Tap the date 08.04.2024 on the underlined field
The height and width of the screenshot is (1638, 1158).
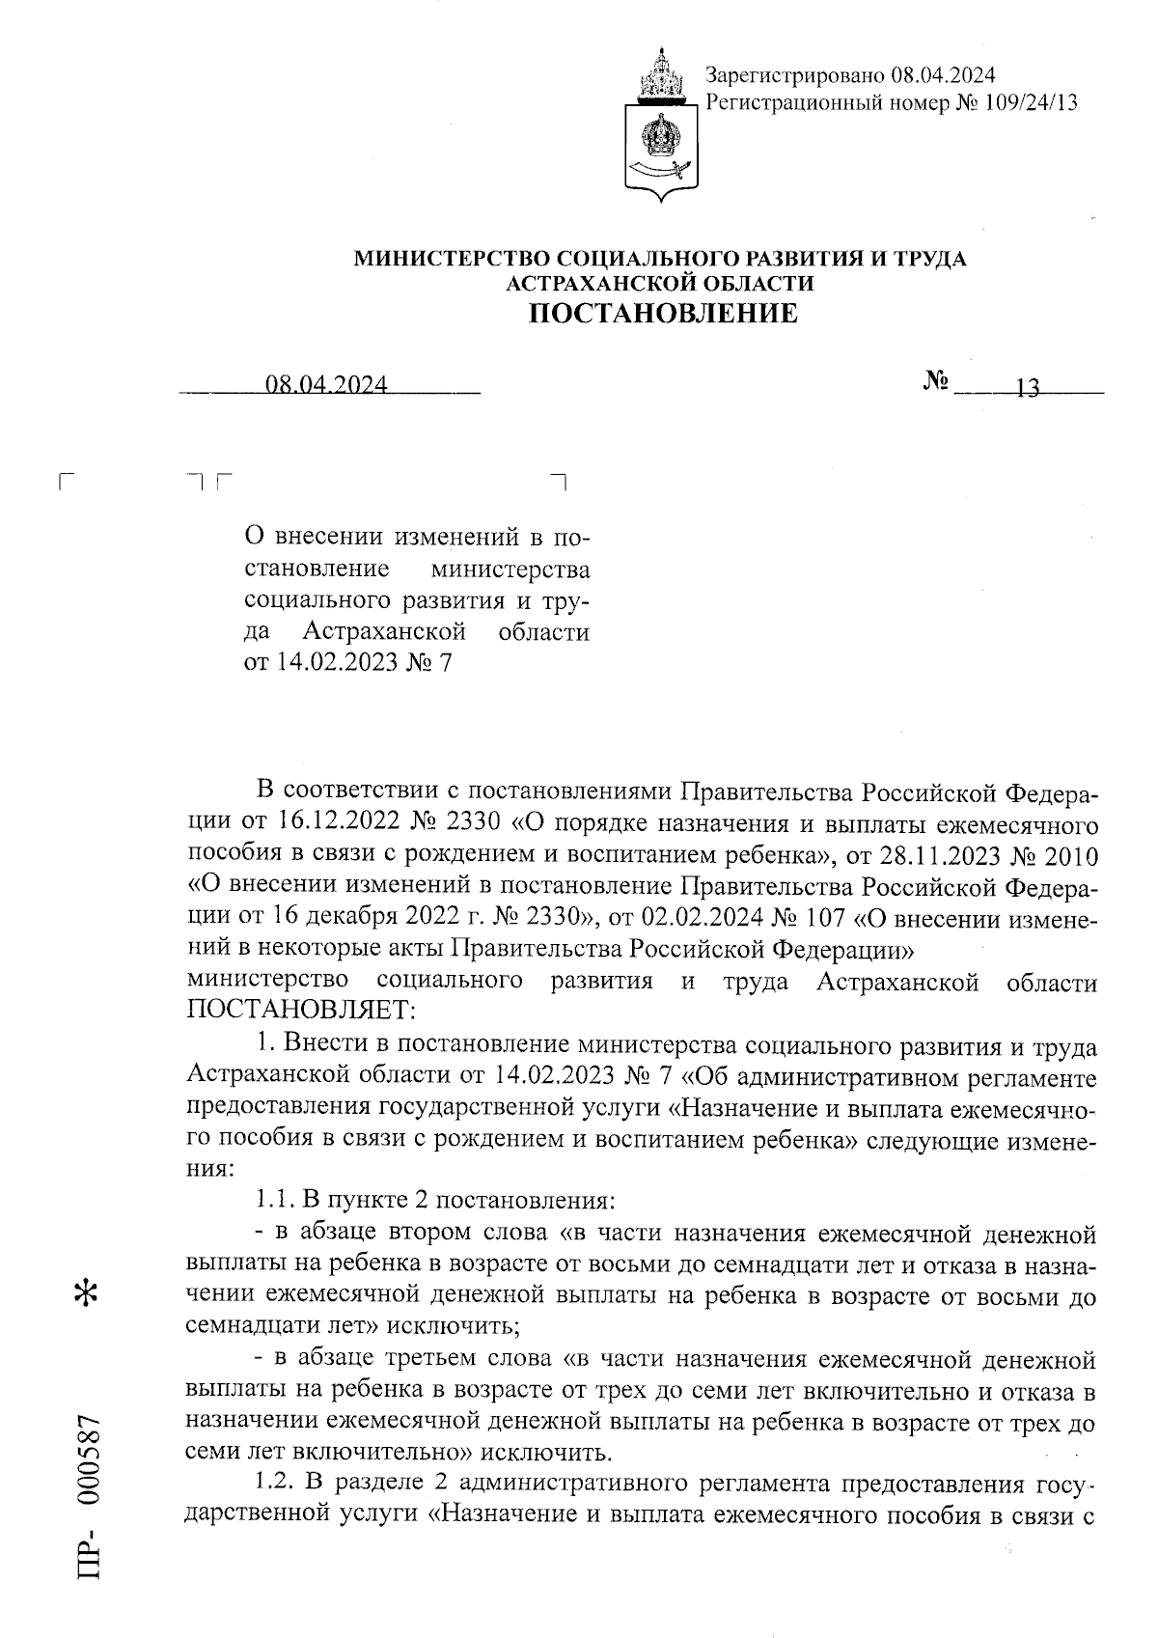click(x=327, y=386)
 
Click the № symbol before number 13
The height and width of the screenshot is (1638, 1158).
click(x=935, y=383)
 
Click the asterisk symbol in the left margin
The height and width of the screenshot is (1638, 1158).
click(x=87, y=1294)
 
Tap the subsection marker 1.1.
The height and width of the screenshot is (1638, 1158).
click(x=275, y=1202)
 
